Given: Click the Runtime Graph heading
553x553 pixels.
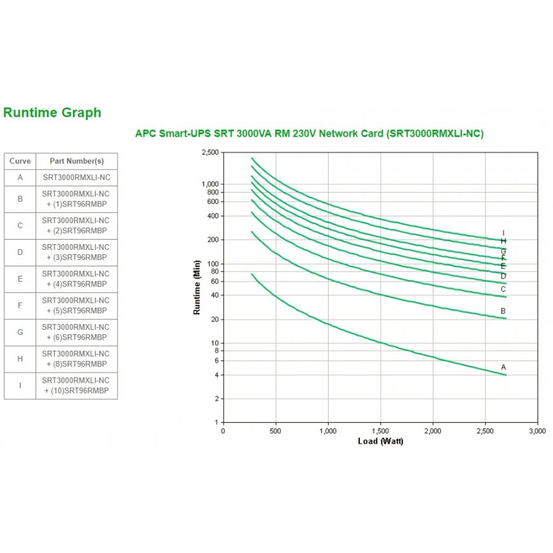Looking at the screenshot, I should (x=52, y=113).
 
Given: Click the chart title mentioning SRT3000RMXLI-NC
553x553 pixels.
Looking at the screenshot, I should (x=310, y=133).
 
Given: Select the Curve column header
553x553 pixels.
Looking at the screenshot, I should (x=20, y=161).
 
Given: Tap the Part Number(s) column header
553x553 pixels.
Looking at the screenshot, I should (x=76, y=161).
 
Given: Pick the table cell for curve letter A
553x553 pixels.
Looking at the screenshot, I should (x=20, y=177).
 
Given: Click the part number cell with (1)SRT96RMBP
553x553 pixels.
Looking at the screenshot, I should (x=76, y=199).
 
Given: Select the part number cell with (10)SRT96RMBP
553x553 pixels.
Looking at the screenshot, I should (x=76, y=386).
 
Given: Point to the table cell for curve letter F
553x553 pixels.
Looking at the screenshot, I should (x=20, y=306).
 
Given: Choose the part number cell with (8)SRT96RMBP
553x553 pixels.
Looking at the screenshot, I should (x=76, y=359).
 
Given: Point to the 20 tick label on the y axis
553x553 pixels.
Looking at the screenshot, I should (x=214, y=319).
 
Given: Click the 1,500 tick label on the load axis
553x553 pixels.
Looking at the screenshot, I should (x=380, y=431).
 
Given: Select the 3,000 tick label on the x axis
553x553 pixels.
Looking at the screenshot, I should (x=538, y=431).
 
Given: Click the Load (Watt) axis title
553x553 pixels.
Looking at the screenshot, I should (x=380, y=441).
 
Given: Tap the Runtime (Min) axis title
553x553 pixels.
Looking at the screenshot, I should (x=197, y=287).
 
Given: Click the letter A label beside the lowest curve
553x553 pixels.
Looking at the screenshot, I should (x=503, y=367).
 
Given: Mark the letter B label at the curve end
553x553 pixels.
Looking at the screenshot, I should (x=503, y=311).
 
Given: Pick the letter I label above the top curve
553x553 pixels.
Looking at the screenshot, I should (x=503, y=233).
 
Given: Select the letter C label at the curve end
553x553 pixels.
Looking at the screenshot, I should (x=503, y=289).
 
